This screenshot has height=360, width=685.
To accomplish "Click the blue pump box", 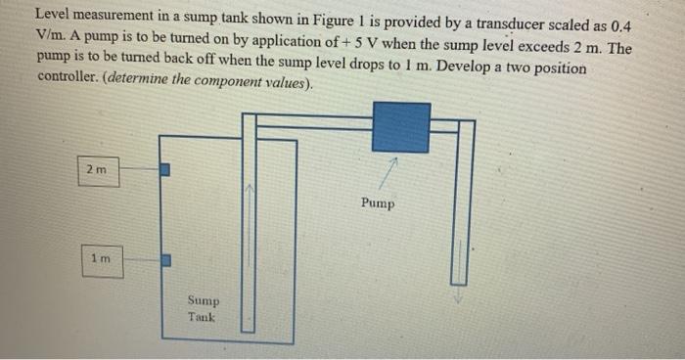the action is pos(401,127).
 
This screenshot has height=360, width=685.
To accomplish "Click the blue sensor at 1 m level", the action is pos(165,260).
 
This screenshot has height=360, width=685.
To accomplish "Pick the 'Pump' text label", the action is pos(377,203).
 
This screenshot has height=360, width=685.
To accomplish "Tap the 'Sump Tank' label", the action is pos(204,309).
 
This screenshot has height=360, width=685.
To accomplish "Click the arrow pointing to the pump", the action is pos(390,171).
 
